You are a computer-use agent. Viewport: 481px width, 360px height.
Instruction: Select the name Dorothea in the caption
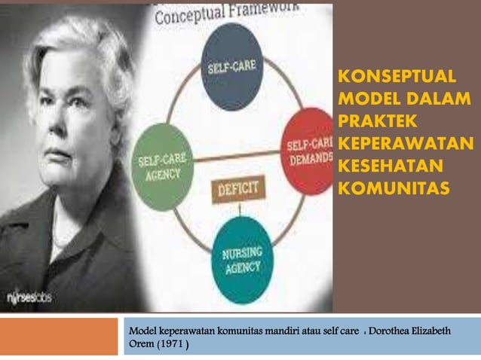396,331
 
